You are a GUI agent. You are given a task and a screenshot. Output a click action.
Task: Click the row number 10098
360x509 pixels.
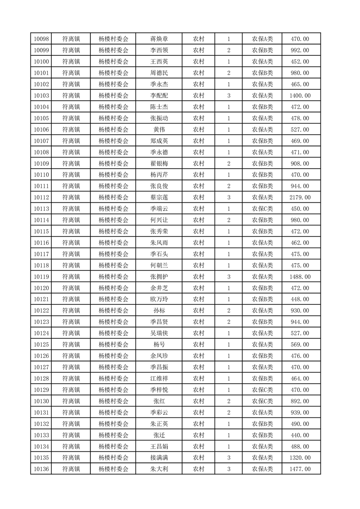41,39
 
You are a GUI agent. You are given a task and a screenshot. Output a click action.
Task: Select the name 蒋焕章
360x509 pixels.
159,39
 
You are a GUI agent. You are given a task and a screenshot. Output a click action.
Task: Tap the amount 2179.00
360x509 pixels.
300,197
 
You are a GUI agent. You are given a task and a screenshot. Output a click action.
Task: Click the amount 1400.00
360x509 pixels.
300,96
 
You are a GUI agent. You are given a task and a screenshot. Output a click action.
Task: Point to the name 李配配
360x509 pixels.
159,96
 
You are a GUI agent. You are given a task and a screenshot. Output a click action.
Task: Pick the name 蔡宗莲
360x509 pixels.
159,197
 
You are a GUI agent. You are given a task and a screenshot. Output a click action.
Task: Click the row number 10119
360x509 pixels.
41,277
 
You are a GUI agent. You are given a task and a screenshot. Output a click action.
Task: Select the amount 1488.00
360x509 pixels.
300,277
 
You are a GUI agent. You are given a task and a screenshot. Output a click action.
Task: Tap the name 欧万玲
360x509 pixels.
159,299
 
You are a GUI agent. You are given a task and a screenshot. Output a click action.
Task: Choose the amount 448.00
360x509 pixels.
300,299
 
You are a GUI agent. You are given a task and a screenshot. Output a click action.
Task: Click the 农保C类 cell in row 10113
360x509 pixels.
262,209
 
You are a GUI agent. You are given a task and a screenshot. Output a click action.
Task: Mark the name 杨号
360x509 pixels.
159,344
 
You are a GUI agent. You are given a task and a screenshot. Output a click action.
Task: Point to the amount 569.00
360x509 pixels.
300,344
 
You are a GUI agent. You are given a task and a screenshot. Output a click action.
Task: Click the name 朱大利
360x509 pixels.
159,469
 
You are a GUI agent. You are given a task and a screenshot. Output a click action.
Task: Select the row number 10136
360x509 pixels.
41,469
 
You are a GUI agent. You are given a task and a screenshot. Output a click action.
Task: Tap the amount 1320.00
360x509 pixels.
300,458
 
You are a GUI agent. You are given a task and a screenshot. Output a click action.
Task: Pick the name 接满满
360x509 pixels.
159,458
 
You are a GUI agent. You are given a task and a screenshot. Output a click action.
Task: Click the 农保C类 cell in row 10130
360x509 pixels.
262,401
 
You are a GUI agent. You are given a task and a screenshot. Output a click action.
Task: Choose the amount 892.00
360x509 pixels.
300,401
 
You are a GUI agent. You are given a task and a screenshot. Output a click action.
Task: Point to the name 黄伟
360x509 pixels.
159,130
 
